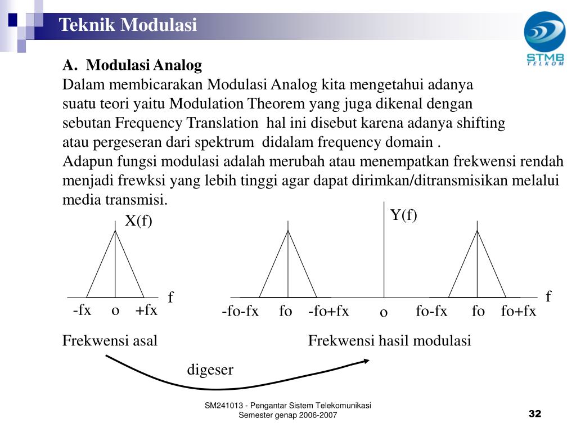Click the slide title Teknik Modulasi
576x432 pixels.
tap(128, 25)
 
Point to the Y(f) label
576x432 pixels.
tap(404, 215)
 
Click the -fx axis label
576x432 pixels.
tap(82, 310)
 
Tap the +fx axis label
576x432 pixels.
tap(146, 310)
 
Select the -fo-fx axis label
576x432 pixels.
tap(240, 312)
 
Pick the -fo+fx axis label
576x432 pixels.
tap(328, 312)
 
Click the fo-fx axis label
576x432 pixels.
tap(431, 312)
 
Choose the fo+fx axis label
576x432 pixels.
tap(519, 312)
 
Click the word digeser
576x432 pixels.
tap(210, 370)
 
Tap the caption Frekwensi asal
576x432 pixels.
tap(110, 341)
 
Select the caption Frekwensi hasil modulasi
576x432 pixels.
tap(389, 341)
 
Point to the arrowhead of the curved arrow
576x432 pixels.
tap(366, 361)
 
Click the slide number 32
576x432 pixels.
tap(534, 415)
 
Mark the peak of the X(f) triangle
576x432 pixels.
tap(115, 230)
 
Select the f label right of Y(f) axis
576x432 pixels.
tap(549, 296)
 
